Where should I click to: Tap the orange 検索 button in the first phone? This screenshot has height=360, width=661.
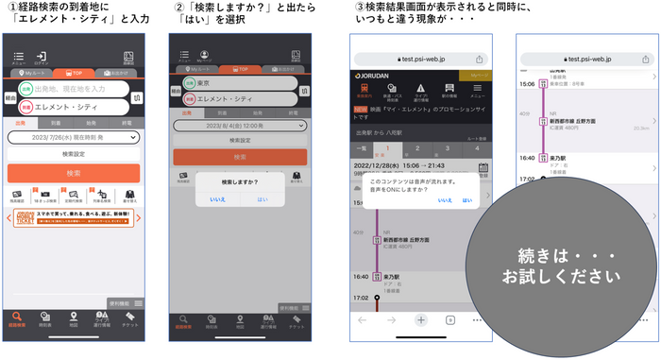[x=74, y=174]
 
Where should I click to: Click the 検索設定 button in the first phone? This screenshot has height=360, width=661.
[x=74, y=153]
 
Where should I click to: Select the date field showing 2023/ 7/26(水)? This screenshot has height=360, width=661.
[x=74, y=137]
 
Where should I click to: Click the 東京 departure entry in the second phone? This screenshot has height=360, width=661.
[x=236, y=83]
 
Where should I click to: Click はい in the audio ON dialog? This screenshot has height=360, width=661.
[x=467, y=200]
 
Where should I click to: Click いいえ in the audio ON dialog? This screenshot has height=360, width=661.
[x=445, y=200]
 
